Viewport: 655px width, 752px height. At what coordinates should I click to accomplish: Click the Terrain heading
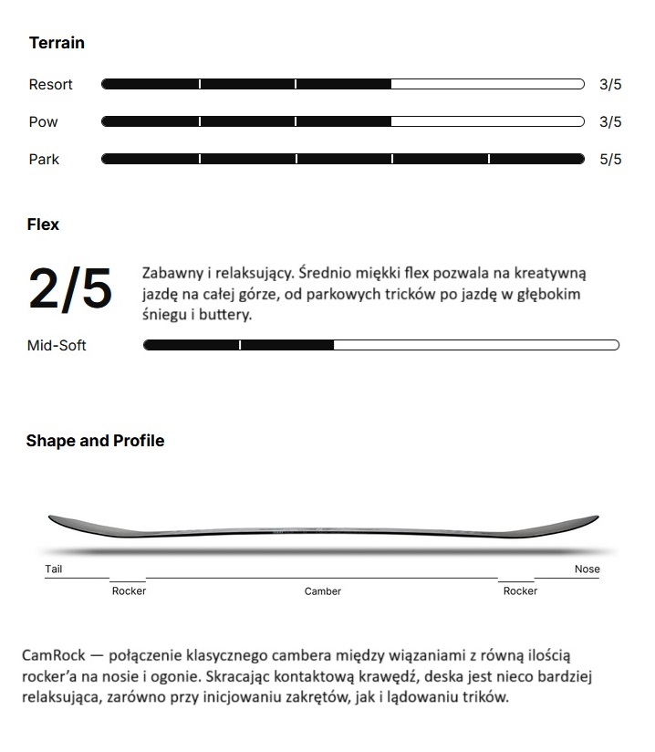57,43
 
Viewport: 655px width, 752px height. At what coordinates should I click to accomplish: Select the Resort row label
51,85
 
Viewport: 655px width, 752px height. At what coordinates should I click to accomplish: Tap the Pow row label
43,122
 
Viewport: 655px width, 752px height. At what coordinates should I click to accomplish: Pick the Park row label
44,160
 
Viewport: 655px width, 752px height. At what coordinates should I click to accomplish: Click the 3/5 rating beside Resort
610,85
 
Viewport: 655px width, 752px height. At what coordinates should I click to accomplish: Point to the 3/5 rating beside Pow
610,122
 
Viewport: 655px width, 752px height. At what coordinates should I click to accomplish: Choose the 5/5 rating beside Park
610,160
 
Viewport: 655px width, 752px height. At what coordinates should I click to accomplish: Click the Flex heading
43,225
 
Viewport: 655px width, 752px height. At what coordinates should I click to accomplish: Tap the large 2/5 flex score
70,289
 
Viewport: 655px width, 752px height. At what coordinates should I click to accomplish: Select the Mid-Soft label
57,345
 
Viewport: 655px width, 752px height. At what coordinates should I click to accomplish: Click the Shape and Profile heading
95,441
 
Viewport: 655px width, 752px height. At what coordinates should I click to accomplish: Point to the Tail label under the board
54,569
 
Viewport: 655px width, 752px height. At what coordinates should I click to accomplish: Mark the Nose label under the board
587,569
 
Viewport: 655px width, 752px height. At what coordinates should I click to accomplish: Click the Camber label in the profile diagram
323,591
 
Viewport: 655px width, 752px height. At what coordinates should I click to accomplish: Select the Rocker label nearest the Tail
129,591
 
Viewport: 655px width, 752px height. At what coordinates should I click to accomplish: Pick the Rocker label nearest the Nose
520,591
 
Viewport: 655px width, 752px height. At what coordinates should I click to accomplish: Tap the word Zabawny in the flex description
172,274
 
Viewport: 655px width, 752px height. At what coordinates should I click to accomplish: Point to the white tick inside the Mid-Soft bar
240,345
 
